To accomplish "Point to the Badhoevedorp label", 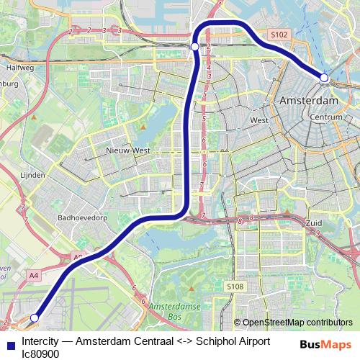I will tap(84, 216).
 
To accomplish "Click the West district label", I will tap(259, 120).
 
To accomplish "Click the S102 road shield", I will tap(279, 34).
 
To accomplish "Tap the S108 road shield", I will tap(235, 287).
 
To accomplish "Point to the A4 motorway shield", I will tap(34, 274).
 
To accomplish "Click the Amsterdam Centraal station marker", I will tap(324, 77).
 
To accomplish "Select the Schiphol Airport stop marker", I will tap(35, 318).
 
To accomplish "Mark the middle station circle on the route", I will tap(194, 47).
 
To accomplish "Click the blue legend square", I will tap(9, 344).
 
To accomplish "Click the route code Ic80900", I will tap(41, 354).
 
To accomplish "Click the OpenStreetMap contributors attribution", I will tap(297, 323).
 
